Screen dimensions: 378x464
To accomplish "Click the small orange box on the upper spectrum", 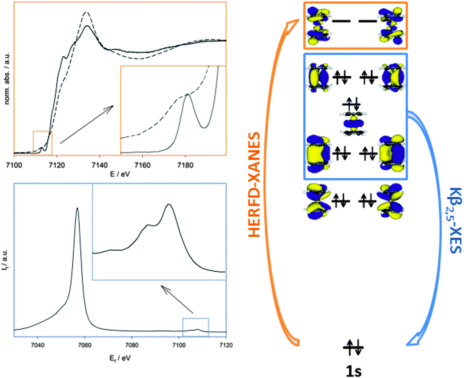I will (42, 143).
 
